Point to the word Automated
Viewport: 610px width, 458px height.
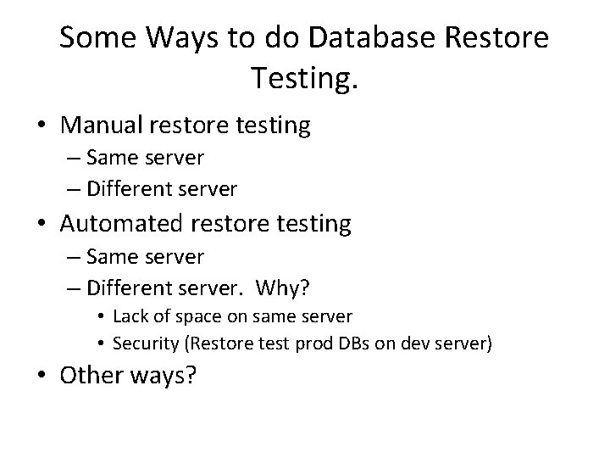[126, 224]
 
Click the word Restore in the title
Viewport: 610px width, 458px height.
[502, 38]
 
